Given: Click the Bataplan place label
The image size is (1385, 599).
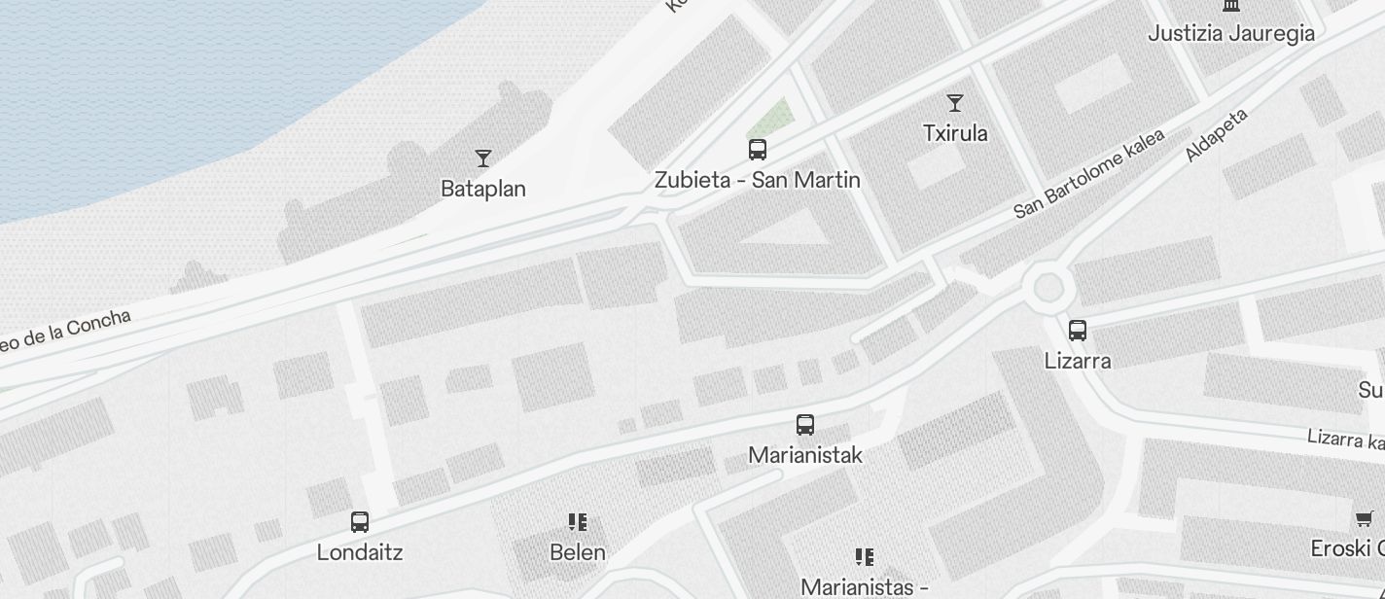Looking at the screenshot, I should (483, 189).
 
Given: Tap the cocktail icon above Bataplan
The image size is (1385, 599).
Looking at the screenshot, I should (483, 158).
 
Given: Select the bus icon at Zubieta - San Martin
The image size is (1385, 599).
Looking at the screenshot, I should (758, 150).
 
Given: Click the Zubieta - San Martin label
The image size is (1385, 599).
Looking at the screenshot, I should (758, 180).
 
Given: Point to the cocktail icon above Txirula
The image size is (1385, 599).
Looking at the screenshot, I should (955, 102).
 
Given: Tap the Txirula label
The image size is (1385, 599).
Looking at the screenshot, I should (955, 133).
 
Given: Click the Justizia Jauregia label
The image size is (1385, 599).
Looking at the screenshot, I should (1231, 33).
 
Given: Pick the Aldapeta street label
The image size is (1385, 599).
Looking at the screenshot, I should (1216, 135).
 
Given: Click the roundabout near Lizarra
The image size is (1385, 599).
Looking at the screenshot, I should (1048, 287).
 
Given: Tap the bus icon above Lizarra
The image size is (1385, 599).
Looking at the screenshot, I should (1078, 331).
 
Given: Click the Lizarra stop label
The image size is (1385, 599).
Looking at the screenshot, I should (1078, 361).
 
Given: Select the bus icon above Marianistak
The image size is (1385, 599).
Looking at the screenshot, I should (805, 424).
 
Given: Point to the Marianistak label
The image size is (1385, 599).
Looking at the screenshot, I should (805, 455).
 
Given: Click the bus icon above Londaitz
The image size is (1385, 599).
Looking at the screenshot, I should (360, 522).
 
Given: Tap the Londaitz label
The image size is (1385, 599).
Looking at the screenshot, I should (360, 552).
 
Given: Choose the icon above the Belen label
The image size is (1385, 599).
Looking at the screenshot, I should (578, 522).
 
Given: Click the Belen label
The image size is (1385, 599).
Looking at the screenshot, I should (578, 552).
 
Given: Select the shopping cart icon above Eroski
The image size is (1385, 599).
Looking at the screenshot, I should (1365, 518).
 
